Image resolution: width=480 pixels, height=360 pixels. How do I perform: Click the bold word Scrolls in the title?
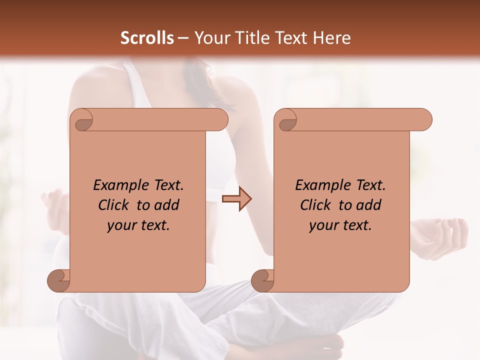[147, 38]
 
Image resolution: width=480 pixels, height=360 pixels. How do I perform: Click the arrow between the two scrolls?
[236, 199]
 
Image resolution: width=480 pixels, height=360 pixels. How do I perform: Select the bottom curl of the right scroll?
[263, 280]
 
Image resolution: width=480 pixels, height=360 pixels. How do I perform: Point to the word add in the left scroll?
[166, 205]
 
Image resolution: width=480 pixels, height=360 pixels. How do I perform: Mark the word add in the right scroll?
[368, 205]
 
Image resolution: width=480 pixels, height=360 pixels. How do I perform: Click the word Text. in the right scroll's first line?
[370, 185]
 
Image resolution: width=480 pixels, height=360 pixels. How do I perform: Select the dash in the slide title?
[183, 38]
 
